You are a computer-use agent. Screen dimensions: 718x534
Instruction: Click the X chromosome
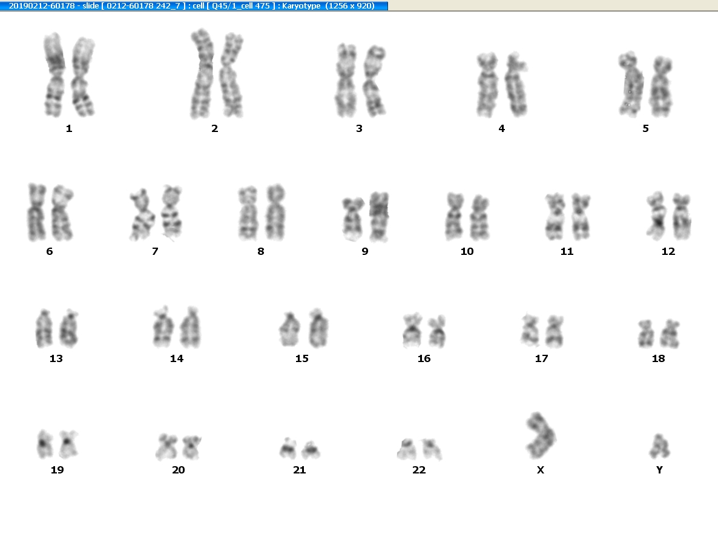coord(541,436)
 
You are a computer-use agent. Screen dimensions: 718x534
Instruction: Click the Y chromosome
coord(659,447)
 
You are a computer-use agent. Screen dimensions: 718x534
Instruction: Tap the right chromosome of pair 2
coord(232,75)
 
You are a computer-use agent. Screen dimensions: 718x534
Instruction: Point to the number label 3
coord(359,129)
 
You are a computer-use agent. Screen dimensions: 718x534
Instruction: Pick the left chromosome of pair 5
coord(631,84)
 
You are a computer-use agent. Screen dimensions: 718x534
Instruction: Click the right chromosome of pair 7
coord(171,213)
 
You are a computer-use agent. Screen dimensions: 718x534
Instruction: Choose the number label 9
coord(365,251)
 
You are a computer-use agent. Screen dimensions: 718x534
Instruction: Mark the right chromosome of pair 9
coord(379,217)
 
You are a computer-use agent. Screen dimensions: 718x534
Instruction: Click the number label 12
coord(668,251)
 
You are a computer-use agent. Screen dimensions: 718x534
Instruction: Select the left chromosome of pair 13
coord(44,328)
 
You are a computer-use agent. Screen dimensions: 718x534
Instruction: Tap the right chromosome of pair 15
coord(318,328)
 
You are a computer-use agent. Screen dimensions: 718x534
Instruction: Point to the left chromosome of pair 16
coord(412,330)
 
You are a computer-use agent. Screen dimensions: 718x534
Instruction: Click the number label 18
coord(659,358)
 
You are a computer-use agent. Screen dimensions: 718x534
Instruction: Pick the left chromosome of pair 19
coord(44,444)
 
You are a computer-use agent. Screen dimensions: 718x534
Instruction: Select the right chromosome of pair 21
coord(311,450)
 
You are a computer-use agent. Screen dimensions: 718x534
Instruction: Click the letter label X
coord(541,470)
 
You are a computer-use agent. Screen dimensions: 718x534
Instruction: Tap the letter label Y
coord(659,470)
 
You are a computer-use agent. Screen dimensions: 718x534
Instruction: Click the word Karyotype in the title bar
coord(301,6)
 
